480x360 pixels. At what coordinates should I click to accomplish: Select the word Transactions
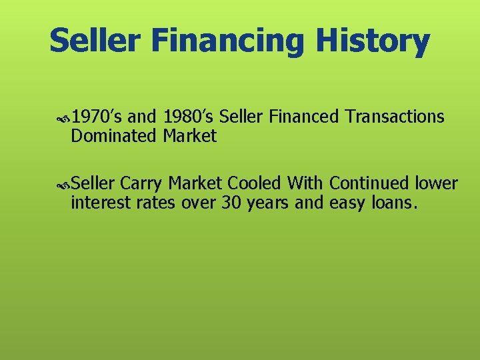click(x=395, y=117)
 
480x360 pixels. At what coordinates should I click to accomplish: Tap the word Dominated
click(x=114, y=137)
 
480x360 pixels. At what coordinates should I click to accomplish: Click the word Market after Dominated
click(x=189, y=137)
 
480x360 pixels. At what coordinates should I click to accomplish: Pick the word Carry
click(x=143, y=184)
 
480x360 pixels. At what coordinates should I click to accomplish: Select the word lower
click(x=437, y=183)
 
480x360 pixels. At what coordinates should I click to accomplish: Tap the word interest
click(x=100, y=202)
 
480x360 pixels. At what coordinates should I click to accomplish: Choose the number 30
click(x=231, y=202)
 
